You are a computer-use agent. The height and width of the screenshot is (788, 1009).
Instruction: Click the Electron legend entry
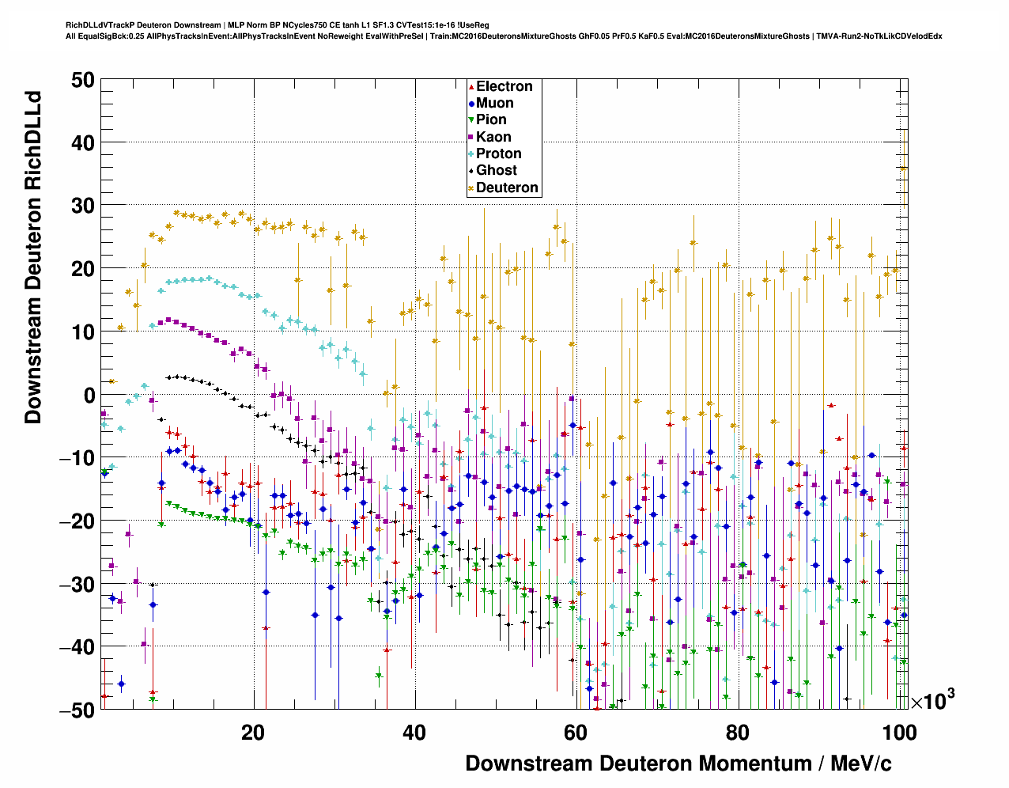pos(504,86)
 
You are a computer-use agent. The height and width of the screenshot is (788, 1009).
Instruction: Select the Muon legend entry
pos(494,103)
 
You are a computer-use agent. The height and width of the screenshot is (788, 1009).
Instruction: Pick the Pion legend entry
pos(491,119)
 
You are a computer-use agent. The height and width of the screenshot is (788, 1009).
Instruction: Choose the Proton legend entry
pos(498,153)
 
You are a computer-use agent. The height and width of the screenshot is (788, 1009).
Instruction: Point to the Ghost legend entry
pos(496,170)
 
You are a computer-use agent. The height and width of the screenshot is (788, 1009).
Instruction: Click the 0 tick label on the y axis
pos(87,395)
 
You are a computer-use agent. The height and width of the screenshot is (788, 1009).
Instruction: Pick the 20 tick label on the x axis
pos(253,733)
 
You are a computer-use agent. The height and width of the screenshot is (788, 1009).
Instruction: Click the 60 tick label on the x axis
pos(576,733)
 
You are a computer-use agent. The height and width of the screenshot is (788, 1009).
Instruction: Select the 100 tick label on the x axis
pos(899,733)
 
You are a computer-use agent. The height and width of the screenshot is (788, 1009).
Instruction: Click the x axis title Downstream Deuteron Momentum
pos(678,763)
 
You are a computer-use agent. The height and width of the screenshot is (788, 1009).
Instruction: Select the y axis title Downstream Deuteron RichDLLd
pos(33,258)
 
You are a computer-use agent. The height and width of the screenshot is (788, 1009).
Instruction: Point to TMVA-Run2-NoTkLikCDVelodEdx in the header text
pos(879,36)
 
